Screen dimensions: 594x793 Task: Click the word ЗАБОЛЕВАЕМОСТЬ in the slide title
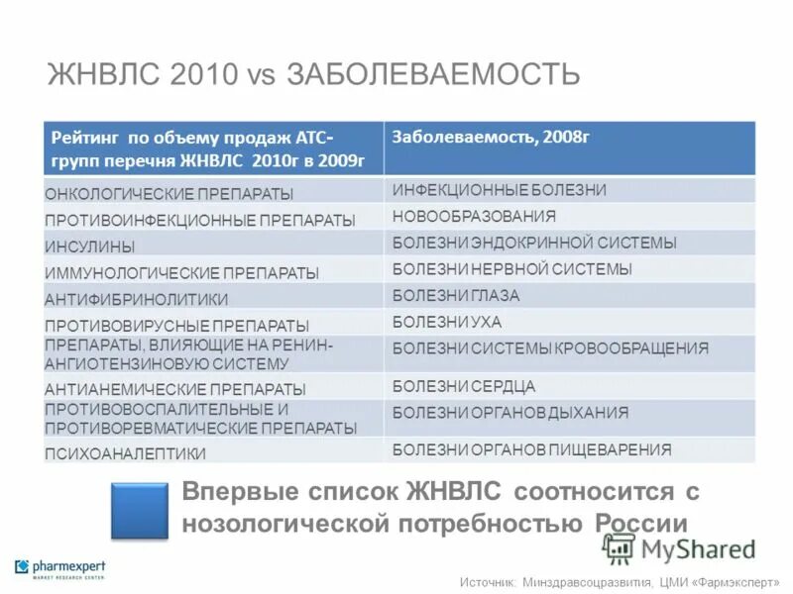(x=433, y=74)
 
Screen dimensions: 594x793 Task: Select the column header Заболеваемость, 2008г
(x=491, y=137)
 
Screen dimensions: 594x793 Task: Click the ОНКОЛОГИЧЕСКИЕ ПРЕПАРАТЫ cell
(x=170, y=194)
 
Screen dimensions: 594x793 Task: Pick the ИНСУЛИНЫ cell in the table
(x=90, y=247)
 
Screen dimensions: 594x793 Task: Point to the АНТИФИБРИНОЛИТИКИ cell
(x=136, y=299)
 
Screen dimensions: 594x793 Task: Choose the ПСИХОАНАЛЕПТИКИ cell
(x=126, y=453)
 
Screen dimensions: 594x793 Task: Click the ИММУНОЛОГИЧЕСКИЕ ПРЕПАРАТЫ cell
(x=182, y=272)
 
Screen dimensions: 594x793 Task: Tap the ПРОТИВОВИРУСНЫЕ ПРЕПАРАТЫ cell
(x=177, y=325)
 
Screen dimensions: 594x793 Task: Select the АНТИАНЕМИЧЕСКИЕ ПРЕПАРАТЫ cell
(x=175, y=389)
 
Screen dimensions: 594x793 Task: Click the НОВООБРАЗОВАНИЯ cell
(x=474, y=216)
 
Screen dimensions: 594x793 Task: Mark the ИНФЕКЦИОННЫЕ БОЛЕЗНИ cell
(x=499, y=189)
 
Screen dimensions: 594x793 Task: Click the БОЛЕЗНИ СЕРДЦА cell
(x=464, y=386)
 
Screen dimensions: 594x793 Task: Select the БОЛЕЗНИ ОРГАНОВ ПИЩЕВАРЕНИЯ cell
(x=531, y=449)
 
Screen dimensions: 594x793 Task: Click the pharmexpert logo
(x=59, y=569)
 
